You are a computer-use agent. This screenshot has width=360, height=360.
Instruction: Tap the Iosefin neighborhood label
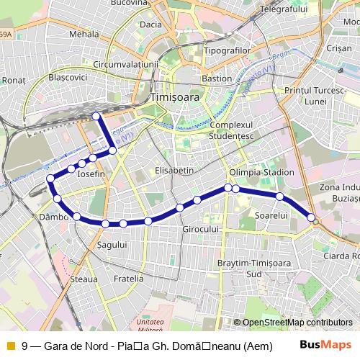coord(91,174)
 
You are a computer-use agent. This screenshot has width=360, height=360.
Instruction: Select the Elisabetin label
coord(174,171)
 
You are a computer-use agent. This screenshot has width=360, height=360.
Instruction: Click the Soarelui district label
coord(271,215)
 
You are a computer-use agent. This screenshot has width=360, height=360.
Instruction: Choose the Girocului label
coord(200,228)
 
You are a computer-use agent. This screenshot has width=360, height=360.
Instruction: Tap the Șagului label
coord(112,245)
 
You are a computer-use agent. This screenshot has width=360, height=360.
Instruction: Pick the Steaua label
coord(84,277)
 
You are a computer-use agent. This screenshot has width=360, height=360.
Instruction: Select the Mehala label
coord(85,33)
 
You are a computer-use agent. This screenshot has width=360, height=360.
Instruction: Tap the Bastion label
coord(216,78)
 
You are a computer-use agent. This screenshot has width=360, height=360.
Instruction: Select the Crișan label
coord(338,48)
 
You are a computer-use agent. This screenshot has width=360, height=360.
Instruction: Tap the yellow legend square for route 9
coord(10,346)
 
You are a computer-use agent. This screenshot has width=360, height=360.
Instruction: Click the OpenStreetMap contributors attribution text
coord(297,323)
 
